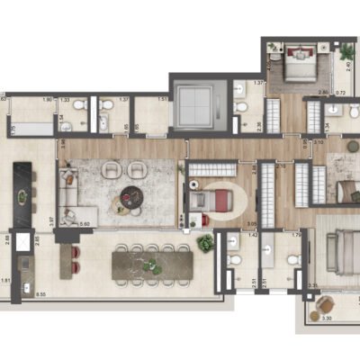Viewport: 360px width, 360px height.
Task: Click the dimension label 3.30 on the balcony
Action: [328, 319]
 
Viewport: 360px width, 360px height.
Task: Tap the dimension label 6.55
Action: [40, 293]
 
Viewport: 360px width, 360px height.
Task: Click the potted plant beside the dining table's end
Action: [205, 244]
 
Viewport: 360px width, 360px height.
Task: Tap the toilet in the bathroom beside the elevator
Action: [239, 109]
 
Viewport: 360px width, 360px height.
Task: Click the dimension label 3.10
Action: [319, 141]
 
